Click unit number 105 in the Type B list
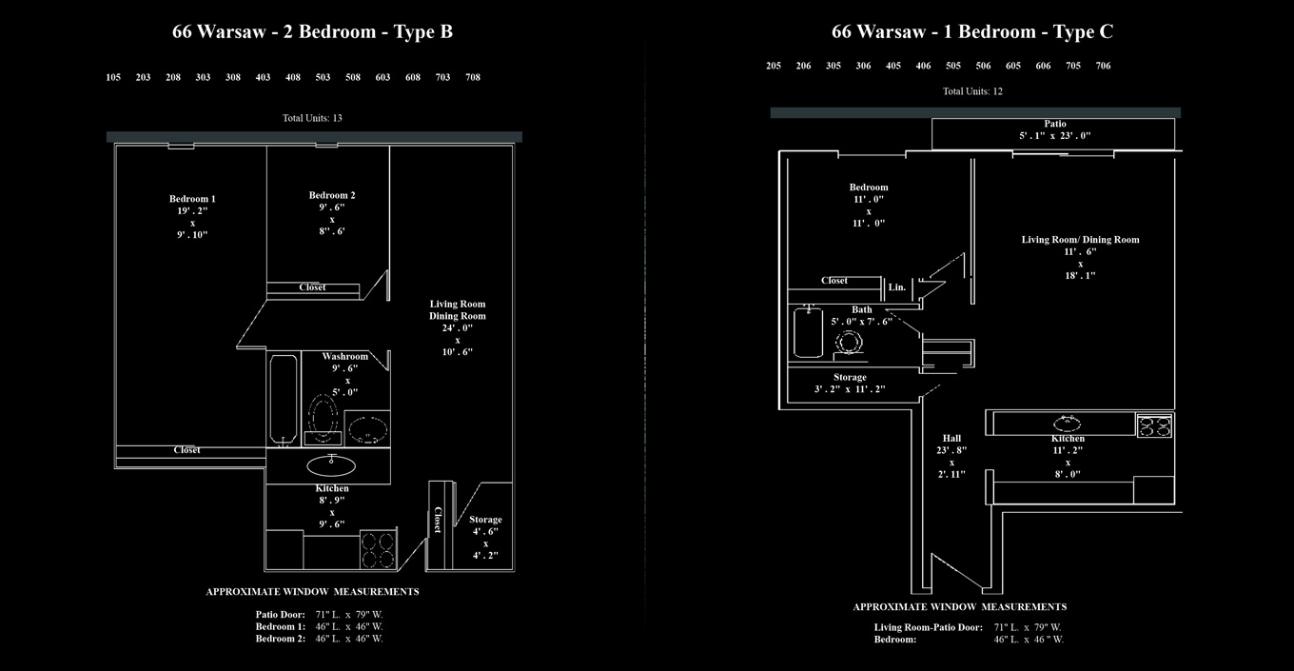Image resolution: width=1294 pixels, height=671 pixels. point(113,77)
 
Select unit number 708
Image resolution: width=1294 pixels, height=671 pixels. point(473,77)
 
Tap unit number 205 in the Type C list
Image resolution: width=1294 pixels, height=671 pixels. point(774,66)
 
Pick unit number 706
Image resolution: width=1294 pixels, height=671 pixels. point(1103,66)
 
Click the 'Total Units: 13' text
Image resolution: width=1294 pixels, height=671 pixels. point(312,118)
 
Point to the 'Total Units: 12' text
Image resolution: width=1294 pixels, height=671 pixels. point(972,91)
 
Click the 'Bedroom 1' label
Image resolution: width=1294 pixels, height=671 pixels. point(192,199)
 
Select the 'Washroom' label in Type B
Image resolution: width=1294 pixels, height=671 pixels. point(344,357)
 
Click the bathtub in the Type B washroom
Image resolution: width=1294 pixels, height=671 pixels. point(283,398)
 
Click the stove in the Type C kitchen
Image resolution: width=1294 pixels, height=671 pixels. point(1154,424)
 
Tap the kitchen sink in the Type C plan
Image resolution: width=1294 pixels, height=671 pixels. point(1065,424)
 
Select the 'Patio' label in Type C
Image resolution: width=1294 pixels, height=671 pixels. point(1054,124)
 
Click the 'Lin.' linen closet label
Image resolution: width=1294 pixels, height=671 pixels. point(896,286)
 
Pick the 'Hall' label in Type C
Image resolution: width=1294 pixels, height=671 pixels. point(951,439)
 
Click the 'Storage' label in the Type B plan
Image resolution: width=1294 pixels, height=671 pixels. point(485,520)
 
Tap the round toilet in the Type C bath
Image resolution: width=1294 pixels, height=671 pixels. point(847,342)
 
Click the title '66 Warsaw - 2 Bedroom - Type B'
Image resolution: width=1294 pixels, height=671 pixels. point(312,31)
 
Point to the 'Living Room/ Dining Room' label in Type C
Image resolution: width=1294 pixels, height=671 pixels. point(1080,240)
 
